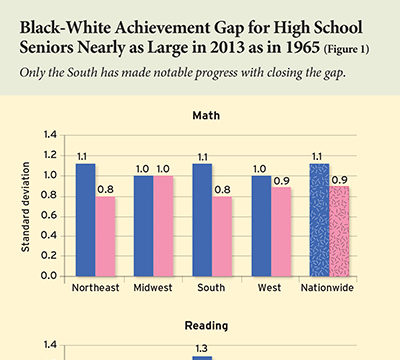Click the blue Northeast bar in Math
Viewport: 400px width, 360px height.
85,219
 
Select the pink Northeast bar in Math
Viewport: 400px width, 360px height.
104,235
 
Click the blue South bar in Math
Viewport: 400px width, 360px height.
204,219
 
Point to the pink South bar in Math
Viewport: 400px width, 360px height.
223,235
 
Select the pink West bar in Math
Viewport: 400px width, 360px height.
283,230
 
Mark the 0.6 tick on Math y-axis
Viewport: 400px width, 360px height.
51,218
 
